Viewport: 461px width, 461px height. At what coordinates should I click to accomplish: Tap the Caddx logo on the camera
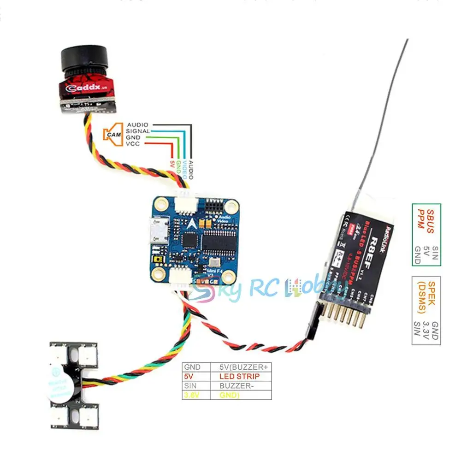coord(83,88)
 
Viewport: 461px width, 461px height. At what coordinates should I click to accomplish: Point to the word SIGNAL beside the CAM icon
coord(137,131)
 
